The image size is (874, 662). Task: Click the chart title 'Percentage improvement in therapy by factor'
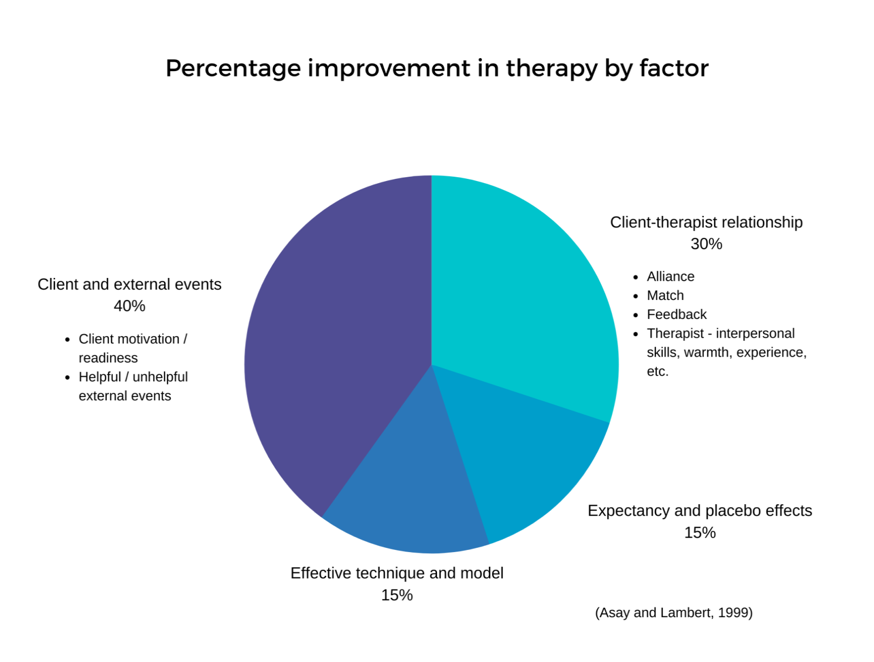click(x=436, y=68)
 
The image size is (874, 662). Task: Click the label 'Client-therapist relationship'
click(x=706, y=222)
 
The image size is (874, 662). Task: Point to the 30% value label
click(x=706, y=244)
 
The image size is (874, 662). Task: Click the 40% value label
click(x=129, y=306)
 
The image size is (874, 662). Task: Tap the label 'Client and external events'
click(x=129, y=284)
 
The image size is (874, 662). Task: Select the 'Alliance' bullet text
click(x=670, y=276)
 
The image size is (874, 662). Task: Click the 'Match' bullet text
click(x=665, y=295)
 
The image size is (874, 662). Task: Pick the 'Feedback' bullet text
click(x=676, y=315)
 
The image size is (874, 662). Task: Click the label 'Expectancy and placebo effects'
click(x=699, y=511)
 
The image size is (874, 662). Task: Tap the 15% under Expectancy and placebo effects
click(x=699, y=533)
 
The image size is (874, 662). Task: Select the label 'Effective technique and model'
click(x=397, y=573)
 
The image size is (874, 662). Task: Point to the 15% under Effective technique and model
click(x=397, y=595)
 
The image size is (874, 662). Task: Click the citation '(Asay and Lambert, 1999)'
click(x=674, y=613)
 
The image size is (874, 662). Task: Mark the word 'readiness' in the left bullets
click(x=108, y=358)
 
